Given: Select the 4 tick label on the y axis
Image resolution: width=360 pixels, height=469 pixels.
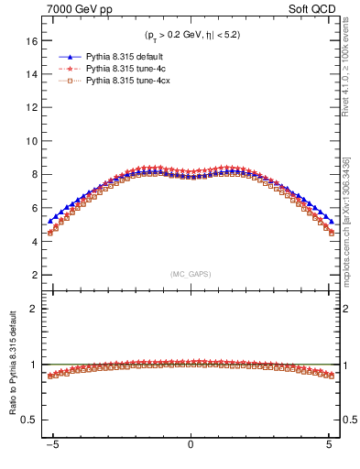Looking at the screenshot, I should tap(34, 242).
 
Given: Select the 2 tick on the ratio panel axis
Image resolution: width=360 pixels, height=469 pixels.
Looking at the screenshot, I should tap(34, 309).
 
